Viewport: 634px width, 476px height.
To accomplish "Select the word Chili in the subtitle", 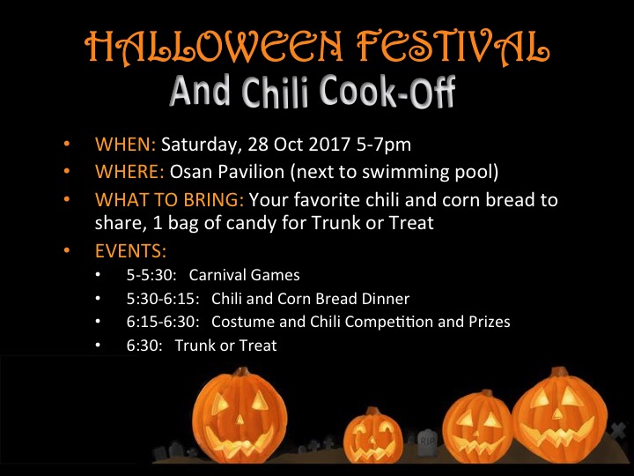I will click(283, 93).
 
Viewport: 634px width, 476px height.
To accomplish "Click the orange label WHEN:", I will click(125, 144).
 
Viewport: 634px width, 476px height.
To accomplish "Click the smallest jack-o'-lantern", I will click(372, 437).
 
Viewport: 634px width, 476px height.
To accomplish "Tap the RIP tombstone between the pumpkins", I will click(427, 441).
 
